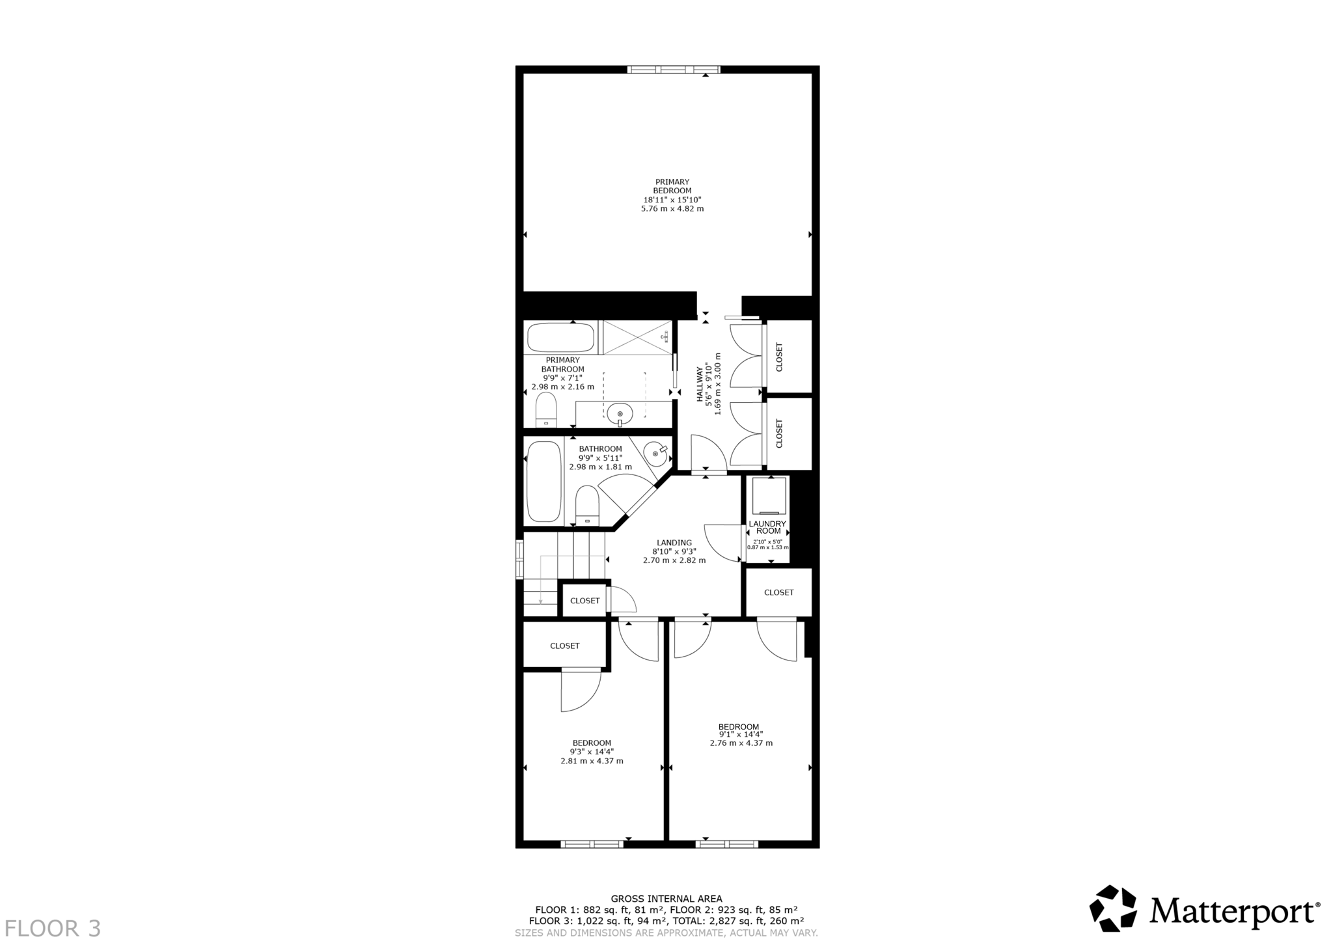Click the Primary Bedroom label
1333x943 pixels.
pos(672,186)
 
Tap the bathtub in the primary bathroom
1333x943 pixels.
pos(560,338)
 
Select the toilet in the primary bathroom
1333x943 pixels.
pos(546,410)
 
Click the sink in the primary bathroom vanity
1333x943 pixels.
pos(620,413)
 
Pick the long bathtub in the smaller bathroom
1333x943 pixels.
pos(543,482)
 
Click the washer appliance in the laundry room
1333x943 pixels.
pos(769,496)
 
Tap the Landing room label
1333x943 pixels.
pos(674,543)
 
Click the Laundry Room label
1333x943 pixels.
pos(768,527)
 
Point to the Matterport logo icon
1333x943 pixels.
pos(1113,909)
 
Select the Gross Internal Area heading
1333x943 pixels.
pos(666,899)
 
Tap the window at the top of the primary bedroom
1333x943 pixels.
pos(674,70)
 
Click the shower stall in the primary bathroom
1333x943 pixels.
pos(637,337)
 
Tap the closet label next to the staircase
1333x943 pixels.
pos(584,601)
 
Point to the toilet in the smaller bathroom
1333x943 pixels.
pos(587,506)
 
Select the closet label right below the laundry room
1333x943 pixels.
pos(778,592)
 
